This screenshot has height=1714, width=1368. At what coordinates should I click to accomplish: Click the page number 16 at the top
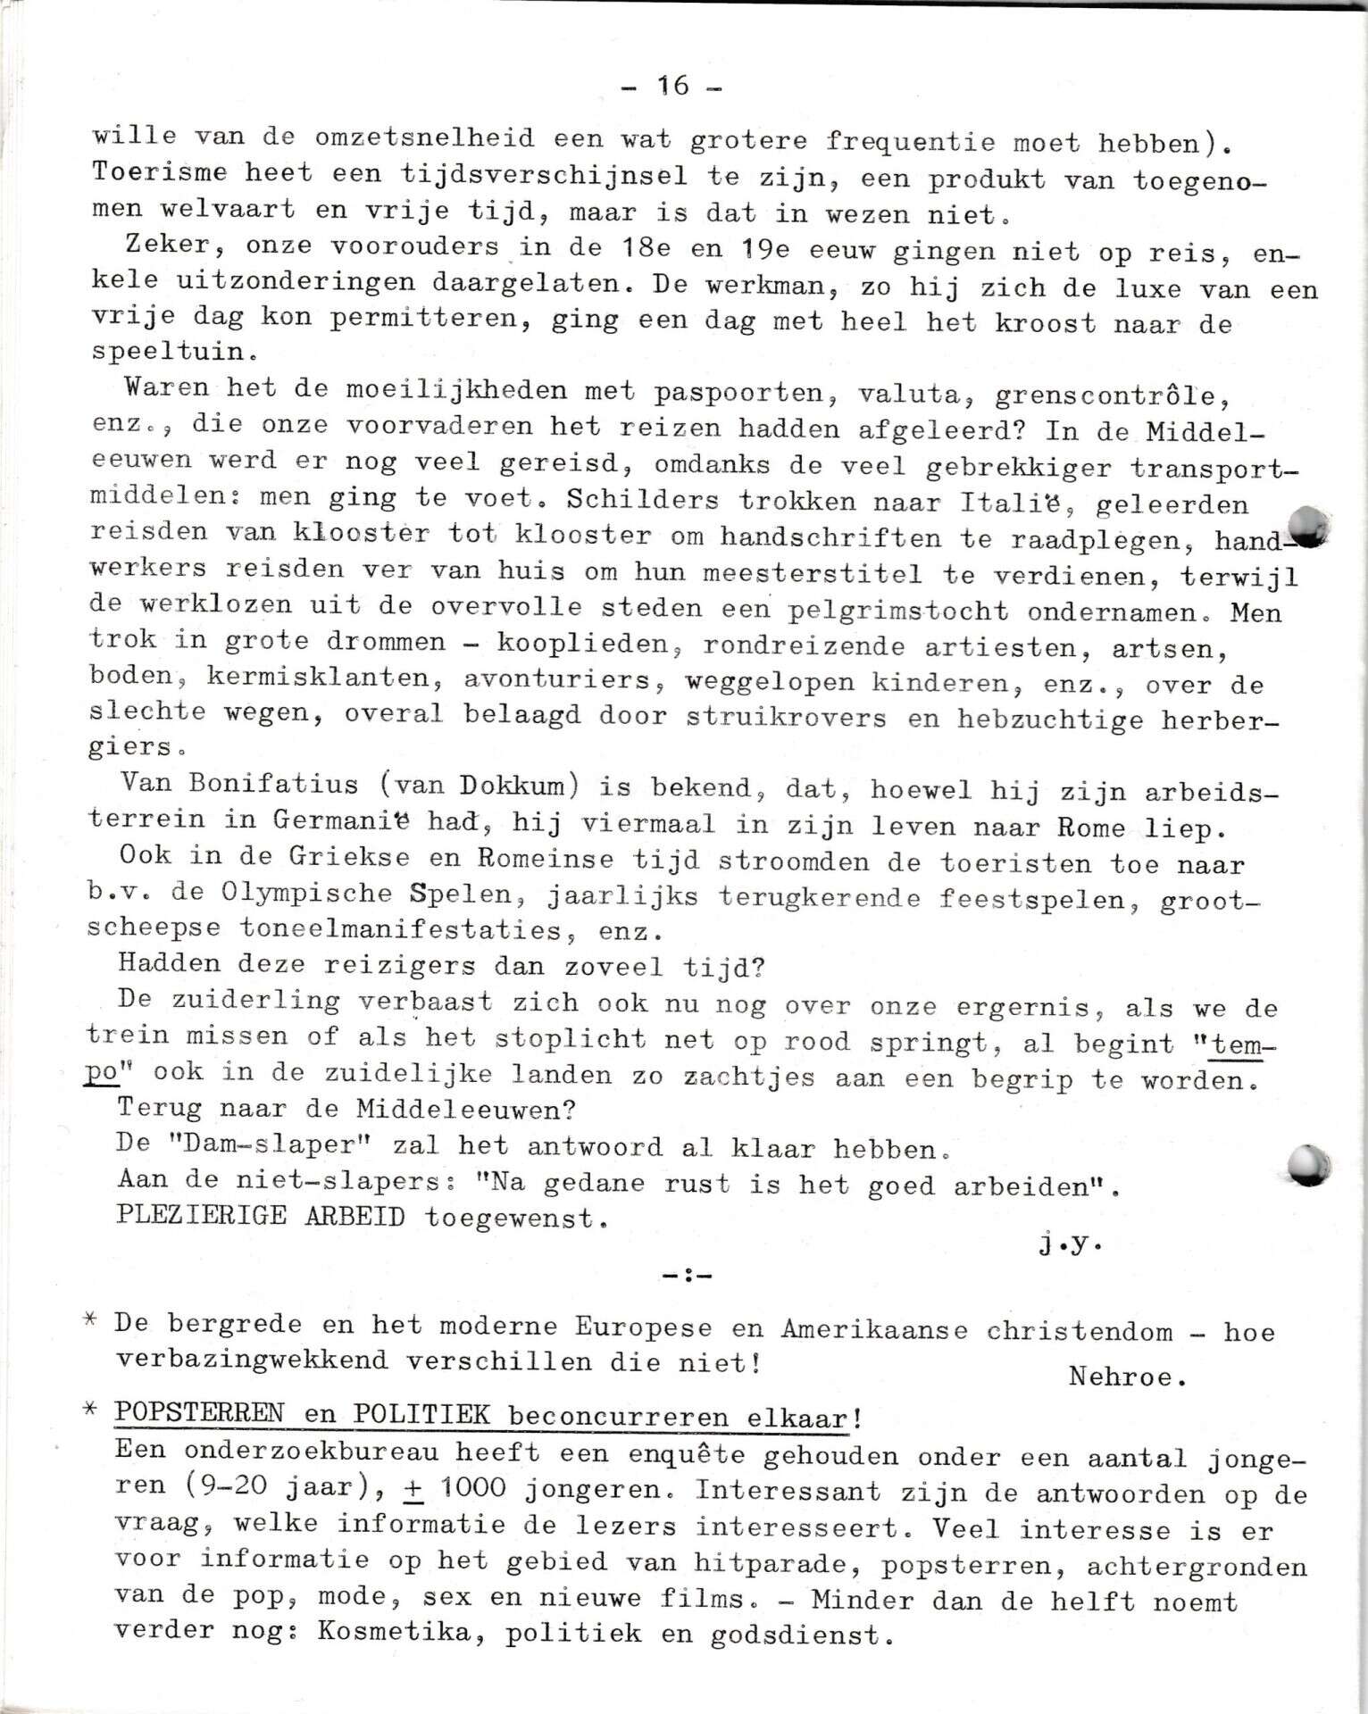[x=673, y=86]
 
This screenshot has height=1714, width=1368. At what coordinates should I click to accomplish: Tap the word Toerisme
[x=159, y=171]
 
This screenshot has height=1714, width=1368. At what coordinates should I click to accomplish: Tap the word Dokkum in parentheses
[x=513, y=786]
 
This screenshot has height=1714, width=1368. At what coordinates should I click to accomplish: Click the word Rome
[x=1090, y=827]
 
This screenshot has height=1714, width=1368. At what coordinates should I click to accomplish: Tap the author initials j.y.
[x=1070, y=1244]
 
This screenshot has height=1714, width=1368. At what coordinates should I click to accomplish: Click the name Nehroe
[x=1127, y=1377]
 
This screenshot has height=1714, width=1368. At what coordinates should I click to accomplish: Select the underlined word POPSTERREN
[x=199, y=1414]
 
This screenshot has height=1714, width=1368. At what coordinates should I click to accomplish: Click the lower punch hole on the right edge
[x=1310, y=1165]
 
